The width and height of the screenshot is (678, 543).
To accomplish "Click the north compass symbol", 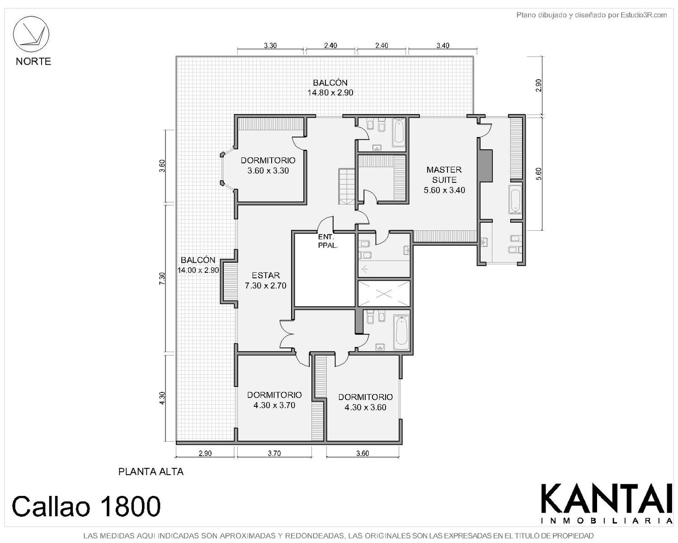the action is pyautogui.click(x=31, y=34).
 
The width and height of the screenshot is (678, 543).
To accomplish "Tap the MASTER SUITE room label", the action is pyautogui.click(x=444, y=175).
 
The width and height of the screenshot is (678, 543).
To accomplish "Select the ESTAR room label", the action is pyautogui.click(x=266, y=275).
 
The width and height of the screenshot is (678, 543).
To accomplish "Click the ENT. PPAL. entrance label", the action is pyautogui.click(x=328, y=241).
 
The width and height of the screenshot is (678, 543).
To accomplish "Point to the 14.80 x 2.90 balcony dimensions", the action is pyautogui.click(x=330, y=93).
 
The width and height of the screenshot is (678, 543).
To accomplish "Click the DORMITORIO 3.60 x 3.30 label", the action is pyautogui.click(x=268, y=165).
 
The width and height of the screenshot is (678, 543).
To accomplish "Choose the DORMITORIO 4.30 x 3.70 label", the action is pyautogui.click(x=274, y=400).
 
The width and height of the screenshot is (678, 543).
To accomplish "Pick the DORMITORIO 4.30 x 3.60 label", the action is pyautogui.click(x=365, y=402).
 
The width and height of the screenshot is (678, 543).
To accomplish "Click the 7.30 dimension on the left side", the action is pyautogui.click(x=162, y=278).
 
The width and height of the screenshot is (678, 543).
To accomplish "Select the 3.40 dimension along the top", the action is pyautogui.click(x=443, y=45).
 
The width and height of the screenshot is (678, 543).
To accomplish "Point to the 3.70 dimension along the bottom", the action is pyautogui.click(x=274, y=453).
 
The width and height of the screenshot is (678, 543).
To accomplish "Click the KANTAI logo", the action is pyautogui.click(x=607, y=504).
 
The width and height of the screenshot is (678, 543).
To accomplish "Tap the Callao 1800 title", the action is pyautogui.click(x=86, y=506).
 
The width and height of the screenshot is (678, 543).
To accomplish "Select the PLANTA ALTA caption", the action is pyautogui.click(x=151, y=472).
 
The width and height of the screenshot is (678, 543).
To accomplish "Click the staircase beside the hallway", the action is pyautogui.click(x=347, y=186).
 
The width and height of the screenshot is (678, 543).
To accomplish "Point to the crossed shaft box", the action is pyautogui.click(x=384, y=293).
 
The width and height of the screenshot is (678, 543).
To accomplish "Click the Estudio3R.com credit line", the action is pyautogui.click(x=591, y=15).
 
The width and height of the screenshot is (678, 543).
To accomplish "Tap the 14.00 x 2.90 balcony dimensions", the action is pyautogui.click(x=198, y=270).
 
